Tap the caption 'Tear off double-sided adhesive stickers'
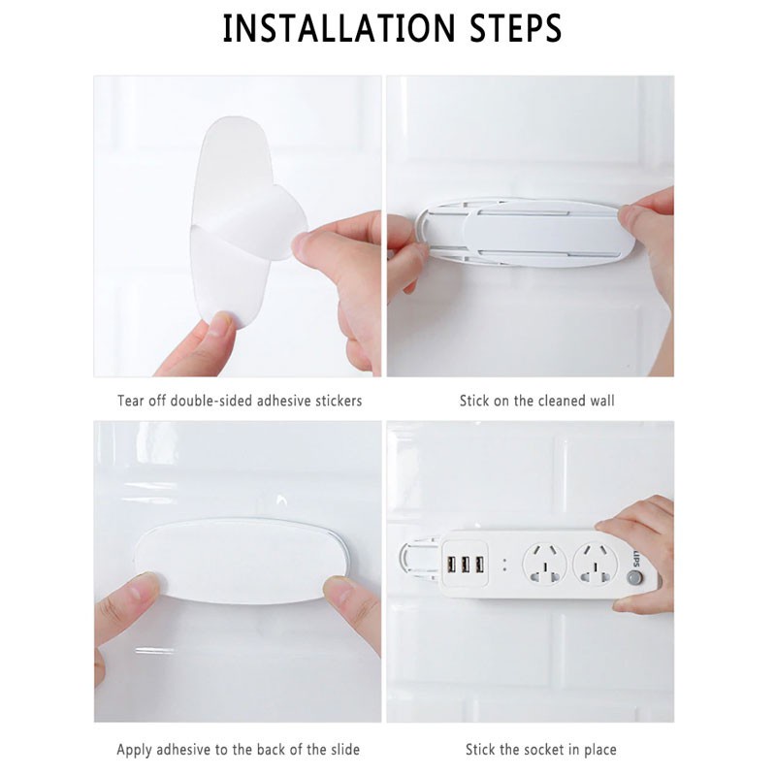pos(240,401)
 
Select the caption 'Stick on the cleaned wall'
pos(536,401)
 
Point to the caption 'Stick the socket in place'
pos(540,749)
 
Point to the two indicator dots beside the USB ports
pos(504,565)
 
